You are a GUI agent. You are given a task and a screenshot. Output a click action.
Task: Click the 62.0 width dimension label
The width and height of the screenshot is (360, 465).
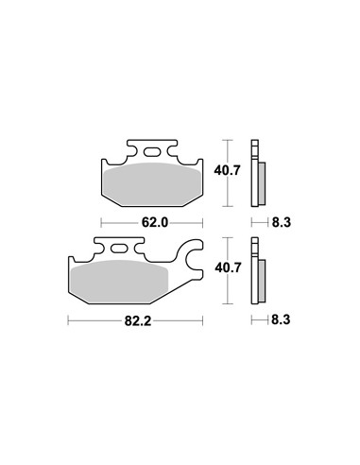click(155, 223)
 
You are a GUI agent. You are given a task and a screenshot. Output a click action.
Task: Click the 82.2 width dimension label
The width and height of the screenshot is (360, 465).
click(138, 321)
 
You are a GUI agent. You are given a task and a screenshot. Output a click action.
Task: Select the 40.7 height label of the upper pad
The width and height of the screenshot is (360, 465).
click(227, 170)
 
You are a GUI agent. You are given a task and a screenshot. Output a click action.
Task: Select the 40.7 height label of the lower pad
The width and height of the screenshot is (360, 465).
click(228, 267)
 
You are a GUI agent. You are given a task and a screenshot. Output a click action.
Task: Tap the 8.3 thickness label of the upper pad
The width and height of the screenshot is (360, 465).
click(282, 222)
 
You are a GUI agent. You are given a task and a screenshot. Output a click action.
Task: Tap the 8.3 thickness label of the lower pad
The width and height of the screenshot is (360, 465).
click(281, 320)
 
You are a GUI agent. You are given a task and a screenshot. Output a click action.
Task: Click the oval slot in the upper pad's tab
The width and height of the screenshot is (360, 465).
click(152, 152)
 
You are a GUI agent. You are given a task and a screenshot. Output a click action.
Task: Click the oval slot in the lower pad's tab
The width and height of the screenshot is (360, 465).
click(119, 249)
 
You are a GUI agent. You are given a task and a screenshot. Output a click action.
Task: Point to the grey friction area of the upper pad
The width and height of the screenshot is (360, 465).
click(152, 184)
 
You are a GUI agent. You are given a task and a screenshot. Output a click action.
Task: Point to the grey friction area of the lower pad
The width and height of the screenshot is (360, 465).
click(120, 282)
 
